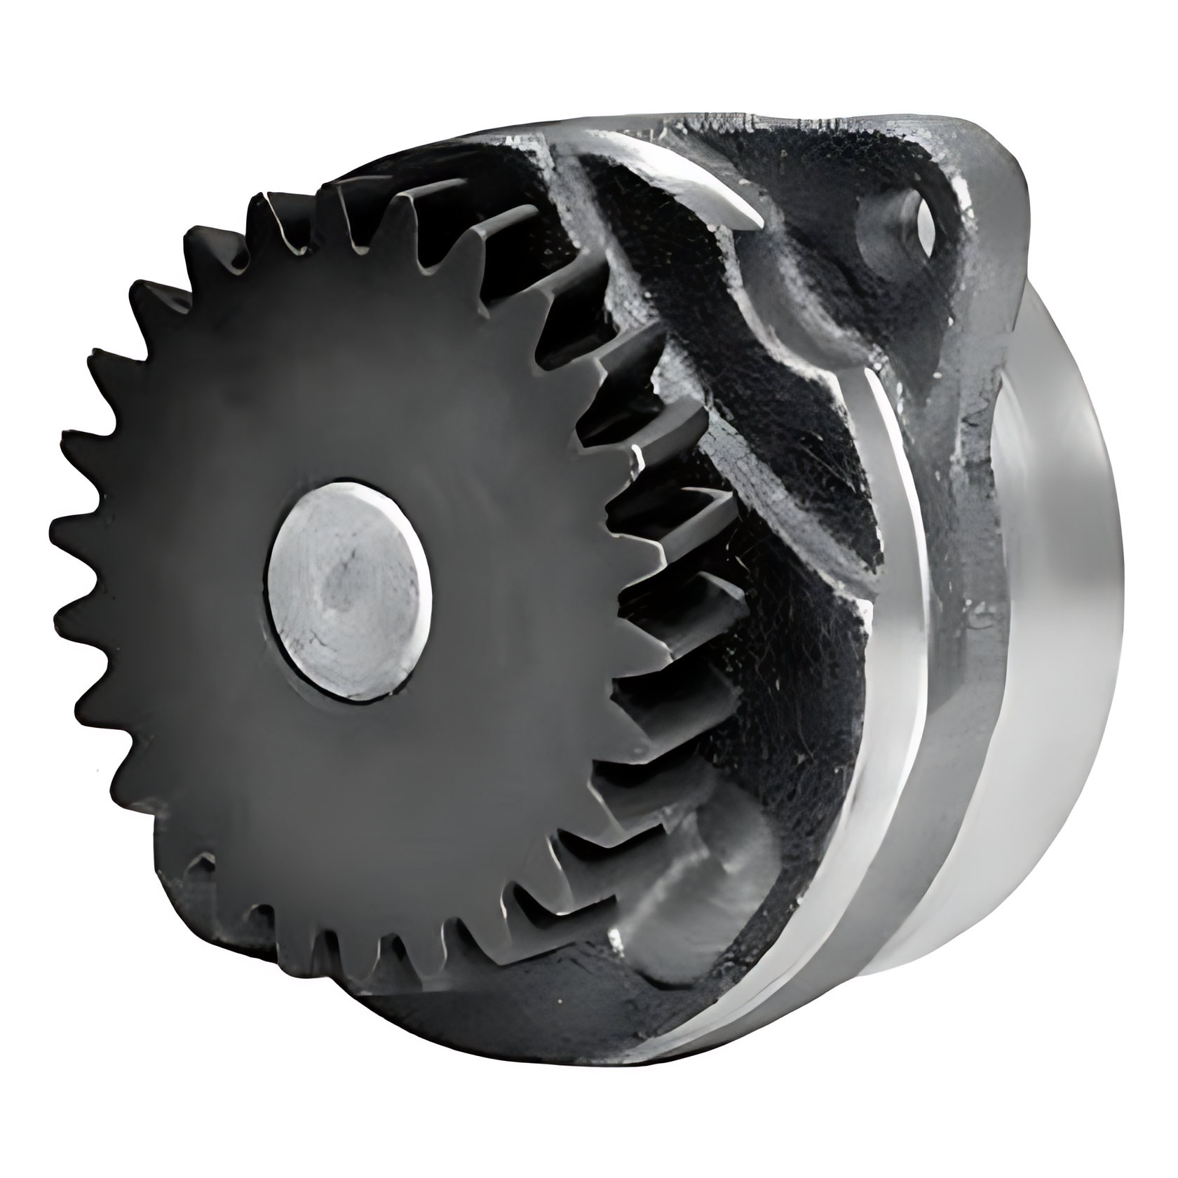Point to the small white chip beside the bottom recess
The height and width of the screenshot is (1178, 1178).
pyautogui.click(x=618, y=936)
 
